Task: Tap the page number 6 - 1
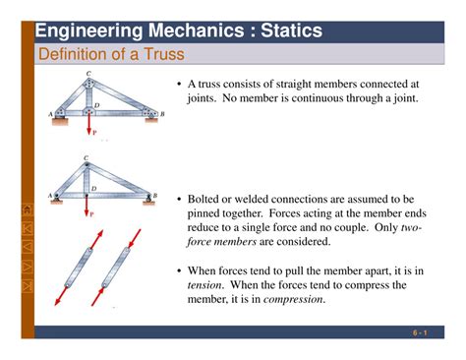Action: tap(420, 333)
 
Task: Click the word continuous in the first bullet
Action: tap(306, 98)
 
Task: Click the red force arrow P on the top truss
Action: tap(89, 125)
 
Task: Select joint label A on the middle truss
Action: tap(49, 196)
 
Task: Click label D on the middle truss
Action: tap(94, 187)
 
